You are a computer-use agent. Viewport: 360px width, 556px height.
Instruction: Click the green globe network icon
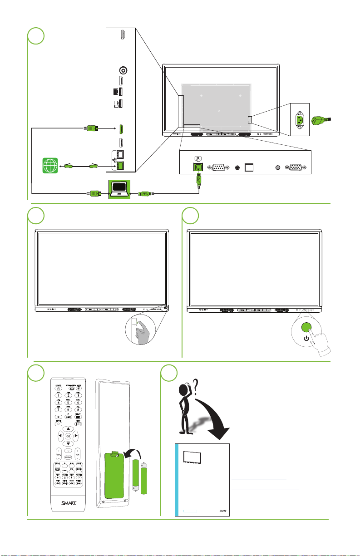coord(50,166)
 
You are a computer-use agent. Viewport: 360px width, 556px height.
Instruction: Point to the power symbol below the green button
coord(307,338)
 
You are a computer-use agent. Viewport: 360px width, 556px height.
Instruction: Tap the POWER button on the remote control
coord(59,389)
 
